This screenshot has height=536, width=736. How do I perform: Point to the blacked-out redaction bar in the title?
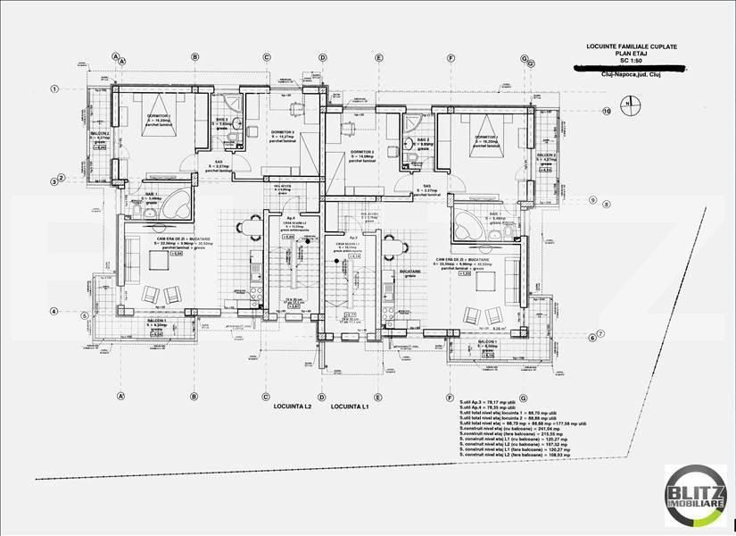pyautogui.click(x=630, y=68)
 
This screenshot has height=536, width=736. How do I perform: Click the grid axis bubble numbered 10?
pyautogui.click(x=606, y=113)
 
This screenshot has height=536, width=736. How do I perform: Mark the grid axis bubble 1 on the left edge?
pyautogui.click(x=55, y=88)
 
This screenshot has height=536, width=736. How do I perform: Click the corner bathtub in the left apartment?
pyautogui.click(x=176, y=203)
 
